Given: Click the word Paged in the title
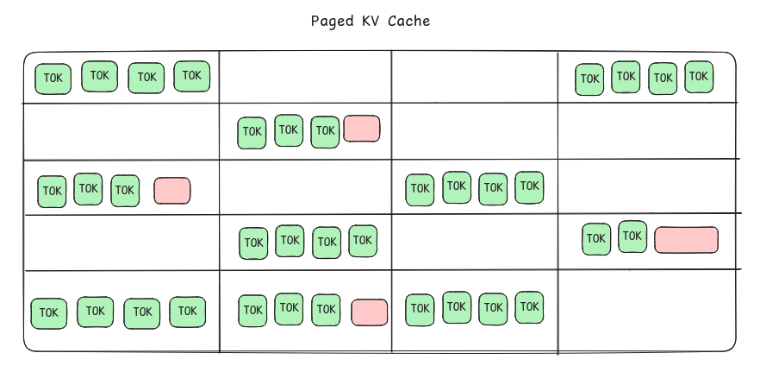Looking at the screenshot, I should coord(329,21).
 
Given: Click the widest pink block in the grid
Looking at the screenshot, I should coord(686,239).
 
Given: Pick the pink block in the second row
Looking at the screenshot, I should coord(361,129).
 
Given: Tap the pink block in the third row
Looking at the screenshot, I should coord(172,191).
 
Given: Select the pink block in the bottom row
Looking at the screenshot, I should coord(369,312).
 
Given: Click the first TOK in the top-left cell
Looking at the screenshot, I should coord(53,79).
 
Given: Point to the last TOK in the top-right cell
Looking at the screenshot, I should coord(699,77).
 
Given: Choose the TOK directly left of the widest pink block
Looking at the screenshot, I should coord(632,236).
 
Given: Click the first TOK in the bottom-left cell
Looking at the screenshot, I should coord(49,312).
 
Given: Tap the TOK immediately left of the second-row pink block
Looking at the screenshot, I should coord(325,131).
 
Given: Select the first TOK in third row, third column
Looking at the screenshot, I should coord(420,189).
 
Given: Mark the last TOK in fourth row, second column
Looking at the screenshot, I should coord(363,241).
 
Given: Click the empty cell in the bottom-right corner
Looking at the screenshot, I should coord(646,311).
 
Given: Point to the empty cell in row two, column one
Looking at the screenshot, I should coord(121,131).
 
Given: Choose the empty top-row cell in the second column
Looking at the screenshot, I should coord(305,77).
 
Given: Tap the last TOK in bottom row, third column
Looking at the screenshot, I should coord(529,307).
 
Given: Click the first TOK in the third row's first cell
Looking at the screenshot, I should coord(52,191).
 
